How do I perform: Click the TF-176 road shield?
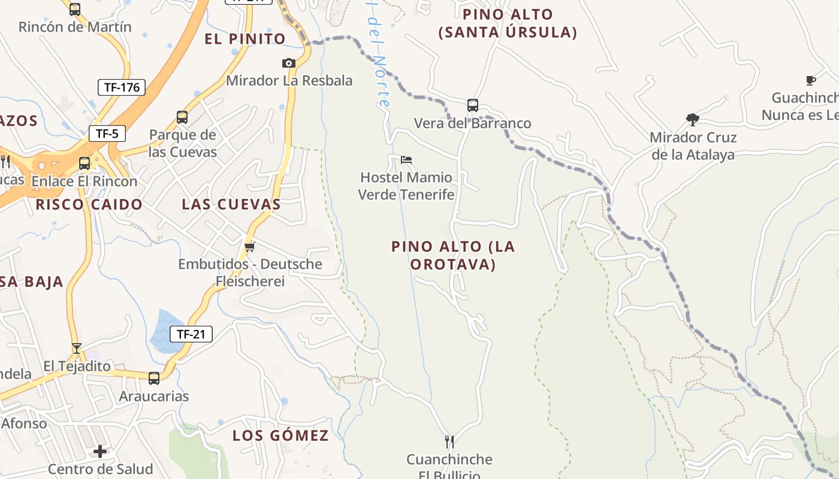pos(122,87)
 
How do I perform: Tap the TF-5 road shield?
pos(107,134)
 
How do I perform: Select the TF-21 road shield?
pos(191,334)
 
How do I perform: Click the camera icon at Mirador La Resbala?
pos(289,63)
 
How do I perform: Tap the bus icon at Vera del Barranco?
pos(472,105)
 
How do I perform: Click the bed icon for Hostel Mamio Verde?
pos(406,160)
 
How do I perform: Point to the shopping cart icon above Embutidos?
pos(250,246)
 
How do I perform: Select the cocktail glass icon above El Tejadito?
pos(77,348)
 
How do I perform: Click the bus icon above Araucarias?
pos(154,378)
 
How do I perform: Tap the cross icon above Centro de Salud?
pos(100,451)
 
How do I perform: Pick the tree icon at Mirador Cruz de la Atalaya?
pos(693,120)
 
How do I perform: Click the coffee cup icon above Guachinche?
pos(810,80)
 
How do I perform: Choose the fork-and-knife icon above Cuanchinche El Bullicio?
pos(449,442)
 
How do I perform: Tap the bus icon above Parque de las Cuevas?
pos(182,117)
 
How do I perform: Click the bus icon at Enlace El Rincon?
pos(84,163)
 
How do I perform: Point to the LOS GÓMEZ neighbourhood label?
pos(280,435)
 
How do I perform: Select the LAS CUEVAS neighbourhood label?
pos(231,204)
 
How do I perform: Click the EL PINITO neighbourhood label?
pos(245,39)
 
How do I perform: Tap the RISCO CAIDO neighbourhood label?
pos(89,204)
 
